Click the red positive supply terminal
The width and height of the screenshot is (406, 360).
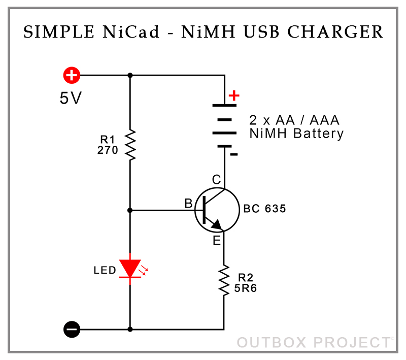[x=72, y=75]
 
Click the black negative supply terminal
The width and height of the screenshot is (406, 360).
[x=72, y=329]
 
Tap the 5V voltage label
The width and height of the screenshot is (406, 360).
[x=71, y=98]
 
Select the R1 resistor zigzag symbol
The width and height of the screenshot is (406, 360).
[x=130, y=145]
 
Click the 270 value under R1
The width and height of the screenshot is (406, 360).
[x=108, y=150]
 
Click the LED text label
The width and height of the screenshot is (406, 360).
[x=105, y=271]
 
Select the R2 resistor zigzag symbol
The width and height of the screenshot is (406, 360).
[x=224, y=280]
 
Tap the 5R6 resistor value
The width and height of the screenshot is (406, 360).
[x=245, y=288]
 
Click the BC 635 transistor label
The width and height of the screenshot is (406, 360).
[x=264, y=209]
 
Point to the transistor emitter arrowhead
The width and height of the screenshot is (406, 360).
[x=217, y=225]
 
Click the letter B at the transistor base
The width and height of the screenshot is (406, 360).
[x=188, y=203]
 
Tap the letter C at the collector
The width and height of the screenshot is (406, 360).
[x=217, y=179]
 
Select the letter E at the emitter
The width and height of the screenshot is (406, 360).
[x=217, y=241]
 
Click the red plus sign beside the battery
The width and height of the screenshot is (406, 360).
[x=234, y=95]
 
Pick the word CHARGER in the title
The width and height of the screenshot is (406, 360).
[x=335, y=32]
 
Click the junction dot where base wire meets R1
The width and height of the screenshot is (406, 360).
[x=130, y=210]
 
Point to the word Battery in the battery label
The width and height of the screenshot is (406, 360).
[x=319, y=134]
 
